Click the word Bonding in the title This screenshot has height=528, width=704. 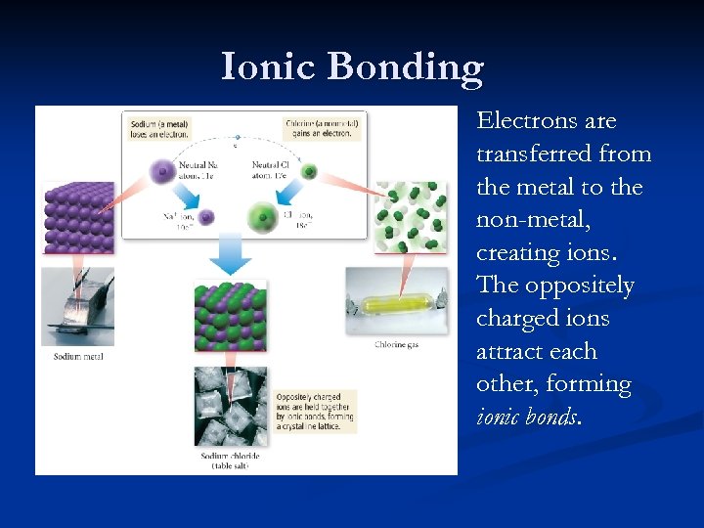click(x=406, y=68)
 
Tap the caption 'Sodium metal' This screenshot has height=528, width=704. click(x=78, y=357)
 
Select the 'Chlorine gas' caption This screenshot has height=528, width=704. click(x=396, y=344)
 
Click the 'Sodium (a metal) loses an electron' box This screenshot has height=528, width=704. click(x=156, y=129)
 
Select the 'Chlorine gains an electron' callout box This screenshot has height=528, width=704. click(x=322, y=129)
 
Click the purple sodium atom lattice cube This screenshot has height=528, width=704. click(x=77, y=215)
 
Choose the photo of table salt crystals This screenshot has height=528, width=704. click(x=231, y=406)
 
